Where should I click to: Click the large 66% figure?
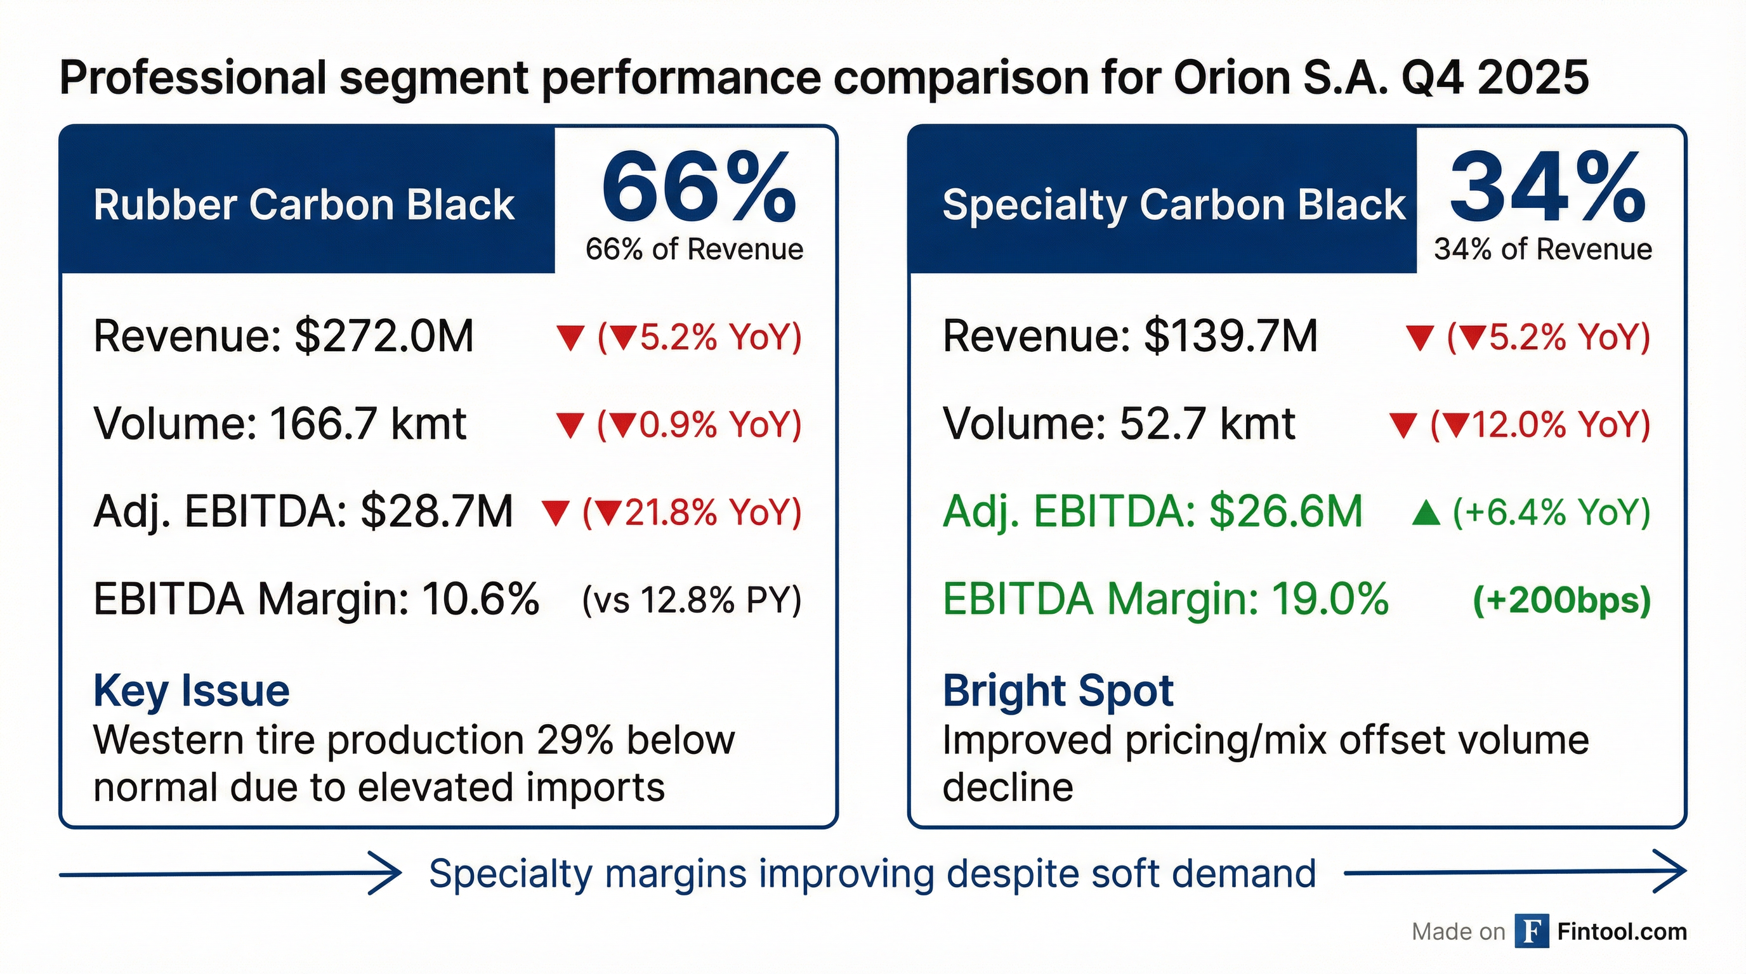tap(699, 188)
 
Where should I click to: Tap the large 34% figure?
tap(1547, 188)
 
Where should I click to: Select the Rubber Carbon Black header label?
tap(304, 205)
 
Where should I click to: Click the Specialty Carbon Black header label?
tap(1174, 205)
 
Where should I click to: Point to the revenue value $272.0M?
tap(384, 336)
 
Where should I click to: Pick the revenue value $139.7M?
tap(1231, 336)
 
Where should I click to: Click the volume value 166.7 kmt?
tap(367, 424)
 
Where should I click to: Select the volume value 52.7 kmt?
tap(1207, 424)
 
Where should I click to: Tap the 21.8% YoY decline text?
tap(692, 512)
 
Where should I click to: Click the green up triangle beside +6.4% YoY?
tap(1426, 514)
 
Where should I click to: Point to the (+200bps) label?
tap(1561, 600)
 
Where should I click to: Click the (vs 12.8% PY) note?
tap(692, 600)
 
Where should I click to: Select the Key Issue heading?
tap(192, 691)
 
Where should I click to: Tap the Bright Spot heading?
tap(1058, 691)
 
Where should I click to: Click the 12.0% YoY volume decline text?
tap(1540, 425)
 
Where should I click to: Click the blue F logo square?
tap(1532, 932)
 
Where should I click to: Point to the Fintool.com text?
tap(1622, 932)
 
